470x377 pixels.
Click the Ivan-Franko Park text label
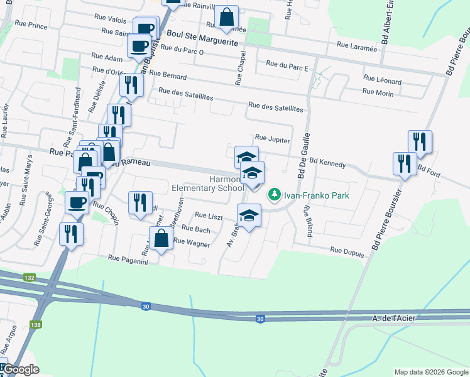(316, 195)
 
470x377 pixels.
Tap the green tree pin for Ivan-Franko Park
(274, 195)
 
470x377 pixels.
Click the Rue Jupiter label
(271, 139)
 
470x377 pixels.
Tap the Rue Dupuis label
(347, 250)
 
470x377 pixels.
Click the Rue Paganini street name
(127, 258)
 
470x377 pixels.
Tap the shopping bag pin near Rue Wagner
(161, 239)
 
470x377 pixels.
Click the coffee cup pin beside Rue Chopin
(77, 203)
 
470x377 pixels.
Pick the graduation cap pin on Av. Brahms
(249, 216)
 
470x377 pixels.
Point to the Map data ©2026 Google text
(430, 372)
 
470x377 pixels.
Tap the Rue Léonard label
(381, 80)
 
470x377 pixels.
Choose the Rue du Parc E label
(287, 63)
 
